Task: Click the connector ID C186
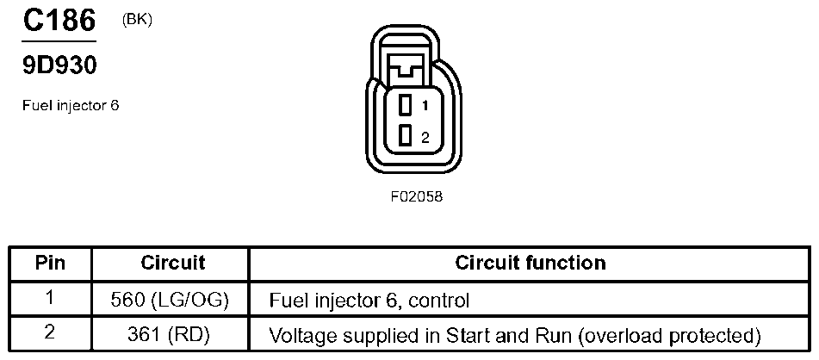pos(58,21)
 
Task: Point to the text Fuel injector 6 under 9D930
pos(70,107)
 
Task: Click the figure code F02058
pos(416,196)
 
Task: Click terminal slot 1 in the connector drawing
pos(405,105)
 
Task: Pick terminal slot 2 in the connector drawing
pos(405,136)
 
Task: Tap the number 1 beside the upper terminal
pos(425,105)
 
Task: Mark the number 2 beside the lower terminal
pos(425,137)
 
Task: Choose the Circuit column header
pos(172,262)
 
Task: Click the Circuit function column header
pos(530,262)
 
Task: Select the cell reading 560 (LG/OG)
pos(171,300)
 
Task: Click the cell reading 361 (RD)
pos(171,334)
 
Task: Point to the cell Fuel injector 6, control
pos(369,301)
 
